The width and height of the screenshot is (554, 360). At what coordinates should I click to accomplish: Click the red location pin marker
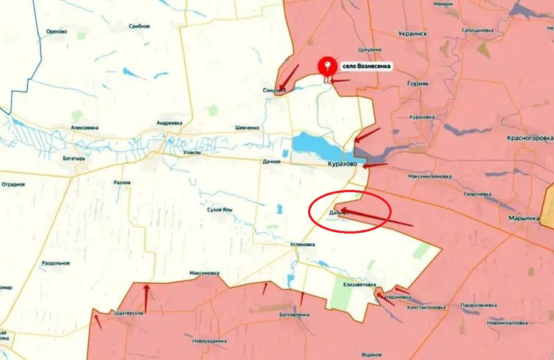[x=326, y=68]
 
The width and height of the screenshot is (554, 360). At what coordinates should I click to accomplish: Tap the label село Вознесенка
[x=363, y=66]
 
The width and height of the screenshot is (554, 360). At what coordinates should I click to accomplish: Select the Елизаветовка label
[x=360, y=284]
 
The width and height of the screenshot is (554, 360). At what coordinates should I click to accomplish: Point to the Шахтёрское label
[x=129, y=313]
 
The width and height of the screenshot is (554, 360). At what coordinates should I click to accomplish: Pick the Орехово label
[x=56, y=31]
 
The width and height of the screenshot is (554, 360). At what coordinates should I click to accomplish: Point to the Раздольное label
[x=56, y=262]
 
